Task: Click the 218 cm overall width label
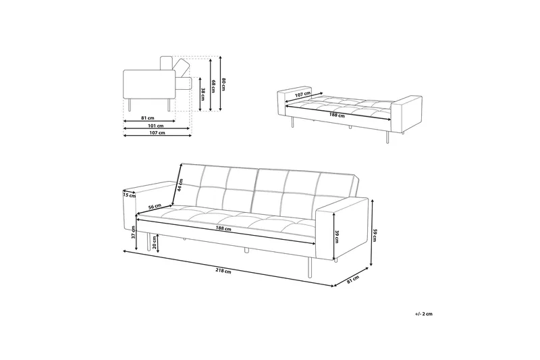tap(223, 272)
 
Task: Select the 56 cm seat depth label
tap(155, 206)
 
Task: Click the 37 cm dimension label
tap(134, 235)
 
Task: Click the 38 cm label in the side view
tap(202, 95)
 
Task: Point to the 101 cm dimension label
tap(156, 126)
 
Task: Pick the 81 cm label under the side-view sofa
tap(147, 118)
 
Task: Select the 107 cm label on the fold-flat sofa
tap(302, 95)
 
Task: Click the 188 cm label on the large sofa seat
tap(223, 228)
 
